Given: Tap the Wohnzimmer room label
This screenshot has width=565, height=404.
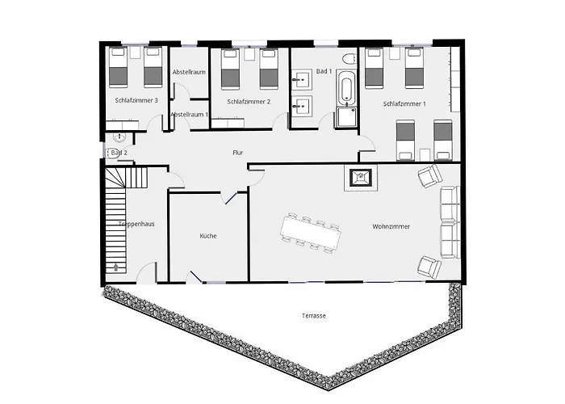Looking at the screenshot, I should (391, 227).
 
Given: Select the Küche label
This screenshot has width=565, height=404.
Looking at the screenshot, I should (208, 236).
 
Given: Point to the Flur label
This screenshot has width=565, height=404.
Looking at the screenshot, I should (237, 153).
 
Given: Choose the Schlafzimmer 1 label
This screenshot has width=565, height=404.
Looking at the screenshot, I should (404, 104).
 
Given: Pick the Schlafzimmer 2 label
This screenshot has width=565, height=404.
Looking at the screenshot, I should (248, 102).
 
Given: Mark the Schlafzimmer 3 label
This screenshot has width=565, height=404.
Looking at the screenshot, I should (136, 100).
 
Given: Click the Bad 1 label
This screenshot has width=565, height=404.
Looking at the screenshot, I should (324, 72).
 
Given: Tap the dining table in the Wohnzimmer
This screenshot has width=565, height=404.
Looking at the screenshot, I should (311, 230).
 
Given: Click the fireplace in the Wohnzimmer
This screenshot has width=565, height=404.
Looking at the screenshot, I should (359, 178).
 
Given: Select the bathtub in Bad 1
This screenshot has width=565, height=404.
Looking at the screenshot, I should (346, 90).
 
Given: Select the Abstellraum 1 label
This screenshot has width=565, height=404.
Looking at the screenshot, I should (190, 115).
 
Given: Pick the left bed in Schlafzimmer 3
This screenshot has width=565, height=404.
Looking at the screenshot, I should (119, 68).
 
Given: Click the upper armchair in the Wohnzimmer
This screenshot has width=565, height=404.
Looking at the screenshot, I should (428, 176).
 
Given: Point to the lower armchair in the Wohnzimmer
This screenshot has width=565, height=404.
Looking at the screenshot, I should (429, 266).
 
